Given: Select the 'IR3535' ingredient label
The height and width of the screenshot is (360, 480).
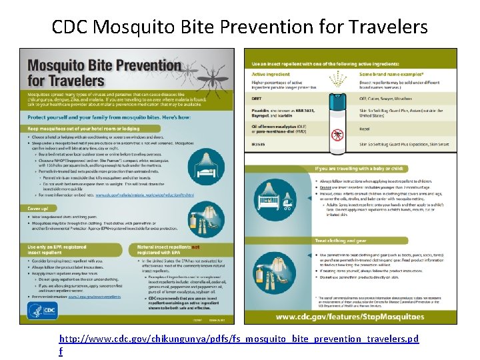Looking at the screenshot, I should click(x=257, y=143).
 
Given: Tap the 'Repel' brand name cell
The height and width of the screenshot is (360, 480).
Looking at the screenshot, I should click(x=365, y=129).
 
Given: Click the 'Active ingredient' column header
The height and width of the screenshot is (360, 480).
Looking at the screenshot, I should click(x=270, y=75).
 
